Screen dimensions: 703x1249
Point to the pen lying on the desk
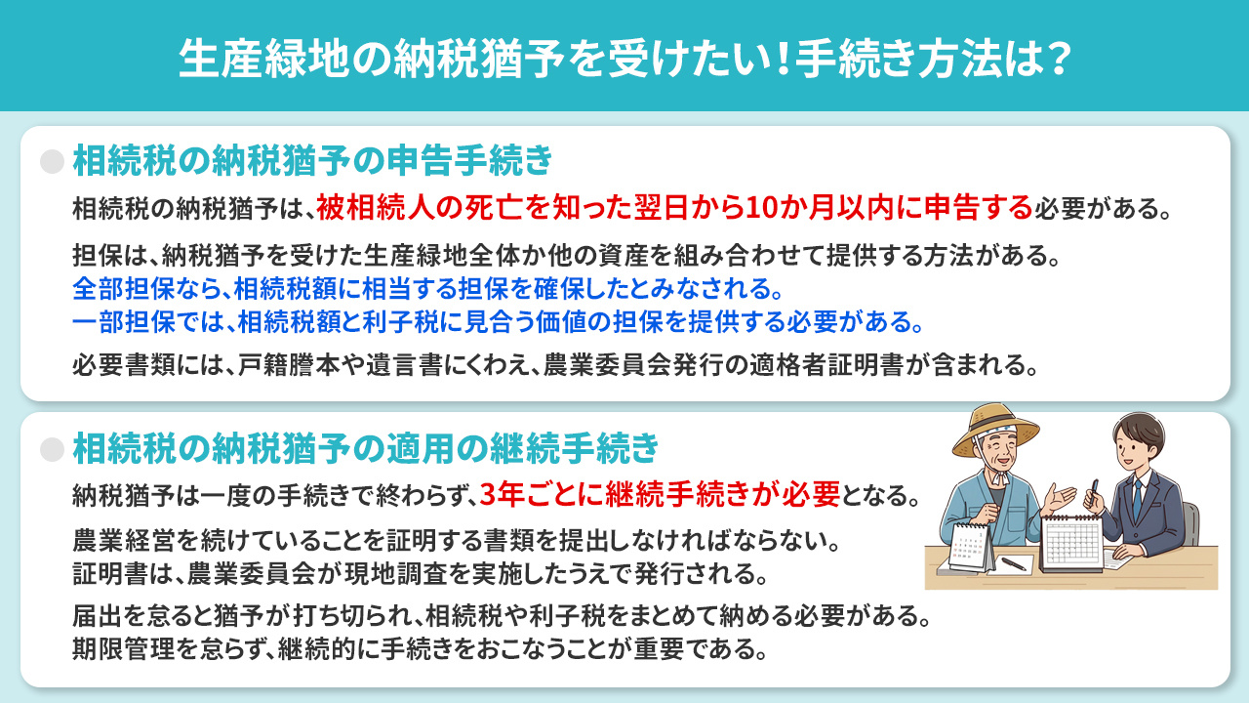click(x=1015, y=564)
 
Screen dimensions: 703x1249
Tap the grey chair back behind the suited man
click(x=1191, y=527)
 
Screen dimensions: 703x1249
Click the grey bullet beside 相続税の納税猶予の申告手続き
click(x=52, y=161)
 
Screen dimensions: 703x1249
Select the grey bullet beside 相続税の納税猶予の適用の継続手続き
click(x=52, y=449)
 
